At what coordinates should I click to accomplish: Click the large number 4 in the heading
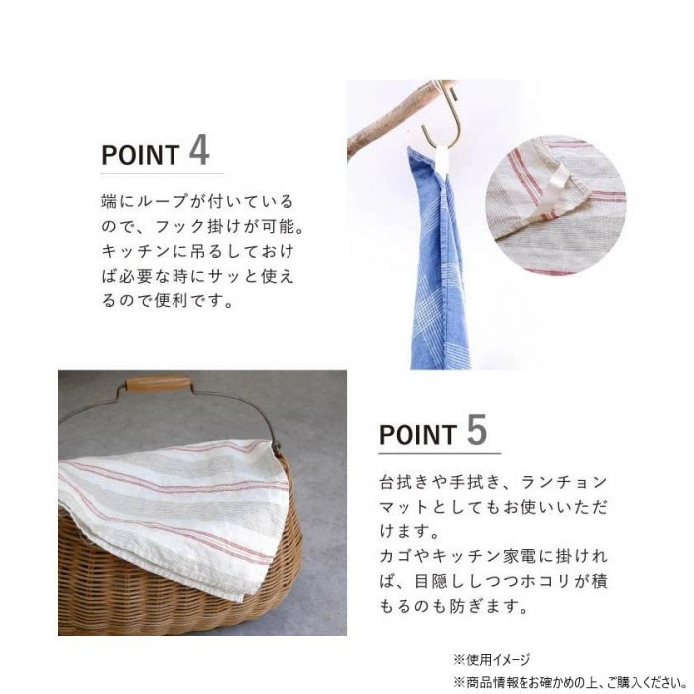point(199,151)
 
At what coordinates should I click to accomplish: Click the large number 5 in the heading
point(477,429)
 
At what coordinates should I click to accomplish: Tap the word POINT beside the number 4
point(141,155)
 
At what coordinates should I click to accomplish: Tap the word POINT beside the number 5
point(417,434)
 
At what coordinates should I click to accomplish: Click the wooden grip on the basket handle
point(159,383)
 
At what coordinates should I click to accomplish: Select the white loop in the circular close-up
point(557,183)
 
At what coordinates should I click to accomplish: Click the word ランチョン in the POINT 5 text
point(563,482)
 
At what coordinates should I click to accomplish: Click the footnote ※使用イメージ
point(492,661)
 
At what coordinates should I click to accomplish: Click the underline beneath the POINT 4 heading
point(162,173)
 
